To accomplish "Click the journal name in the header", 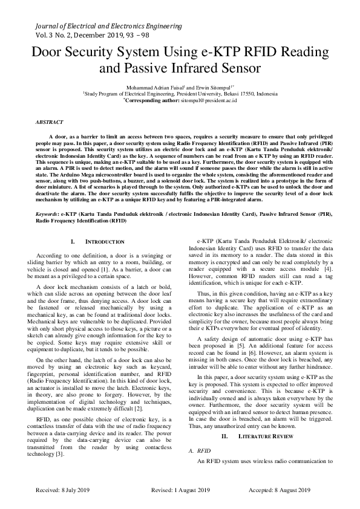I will tap(108, 27).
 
